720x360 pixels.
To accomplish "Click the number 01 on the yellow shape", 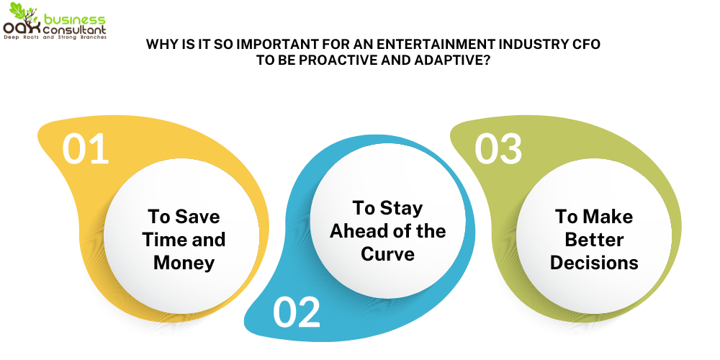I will tap(86, 149).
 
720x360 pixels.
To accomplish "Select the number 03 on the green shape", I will tap(498, 148).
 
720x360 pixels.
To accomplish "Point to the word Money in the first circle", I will tap(184, 262).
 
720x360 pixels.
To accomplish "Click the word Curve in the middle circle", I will tap(387, 254).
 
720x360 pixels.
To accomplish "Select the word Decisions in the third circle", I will tap(594, 263).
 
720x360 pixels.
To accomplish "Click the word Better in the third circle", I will tap(594, 240).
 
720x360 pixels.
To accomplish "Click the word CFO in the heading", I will tap(586, 45).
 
